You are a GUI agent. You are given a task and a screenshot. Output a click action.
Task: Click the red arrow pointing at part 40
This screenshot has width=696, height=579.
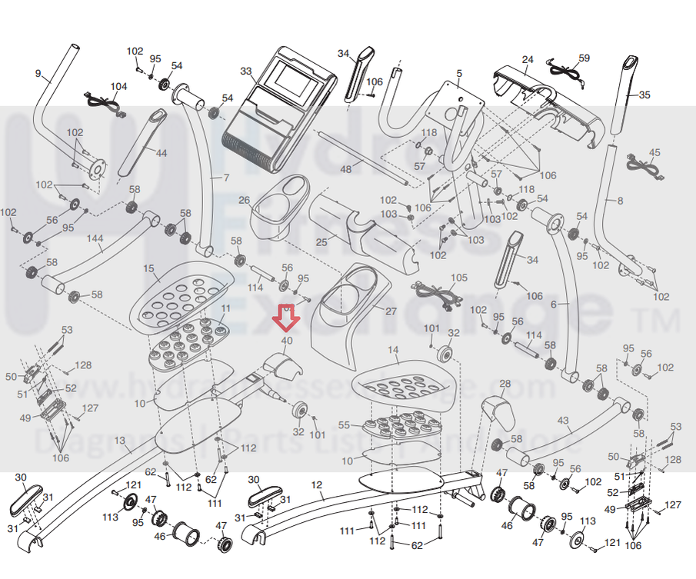coord(286,315)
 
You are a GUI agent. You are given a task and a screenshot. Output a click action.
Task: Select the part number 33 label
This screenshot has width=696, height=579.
coord(246,72)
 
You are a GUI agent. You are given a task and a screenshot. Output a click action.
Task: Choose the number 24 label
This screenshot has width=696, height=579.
coord(527,59)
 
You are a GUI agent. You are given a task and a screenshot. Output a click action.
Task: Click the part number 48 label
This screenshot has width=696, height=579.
coord(346,169)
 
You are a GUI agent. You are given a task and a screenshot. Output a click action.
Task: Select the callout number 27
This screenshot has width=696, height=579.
coord(391,311)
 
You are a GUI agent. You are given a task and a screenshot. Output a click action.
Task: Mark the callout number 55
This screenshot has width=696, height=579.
coord(344,425)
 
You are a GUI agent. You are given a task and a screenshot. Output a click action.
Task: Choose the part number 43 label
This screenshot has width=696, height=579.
coord(564,421)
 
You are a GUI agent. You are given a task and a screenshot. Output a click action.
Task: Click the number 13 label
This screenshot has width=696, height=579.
coord(119,440)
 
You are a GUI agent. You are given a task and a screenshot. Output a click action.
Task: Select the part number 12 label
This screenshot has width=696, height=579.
coord(317,484)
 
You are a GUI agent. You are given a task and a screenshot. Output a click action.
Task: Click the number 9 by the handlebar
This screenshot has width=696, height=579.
coord(38,73)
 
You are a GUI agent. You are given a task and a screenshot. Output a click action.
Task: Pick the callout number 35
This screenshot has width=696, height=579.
coord(644,95)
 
